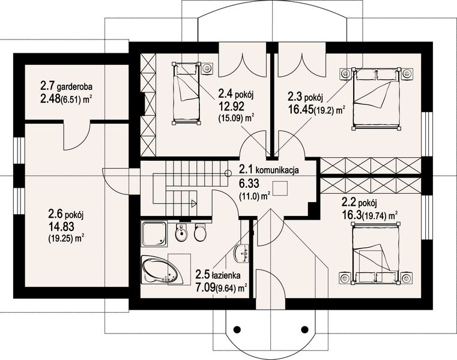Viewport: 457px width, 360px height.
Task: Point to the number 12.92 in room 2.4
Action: (x=231, y=106)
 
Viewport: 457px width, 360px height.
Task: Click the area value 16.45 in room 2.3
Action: (x=301, y=109)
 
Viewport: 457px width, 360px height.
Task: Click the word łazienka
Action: (x=227, y=276)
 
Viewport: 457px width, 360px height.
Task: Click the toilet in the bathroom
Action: (x=201, y=233)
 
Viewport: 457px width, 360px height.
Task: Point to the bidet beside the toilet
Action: (x=181, y=233)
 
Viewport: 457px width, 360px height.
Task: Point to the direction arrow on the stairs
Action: (x=193, y=203)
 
